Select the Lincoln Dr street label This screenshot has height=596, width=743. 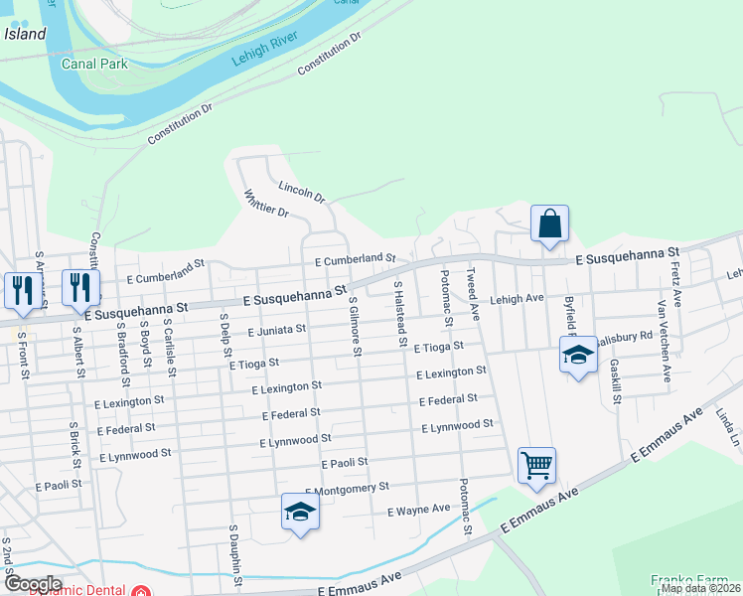click(x=302, y=191)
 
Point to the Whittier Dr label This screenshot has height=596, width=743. click(x=265, y=206)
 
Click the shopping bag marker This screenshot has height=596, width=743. click(x=549, y=224)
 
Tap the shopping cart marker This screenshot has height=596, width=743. click(x=536, y=465)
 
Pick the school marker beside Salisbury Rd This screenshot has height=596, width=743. click(x=577, y=356)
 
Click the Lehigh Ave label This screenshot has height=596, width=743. click(x=517, y=298)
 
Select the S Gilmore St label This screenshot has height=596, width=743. click(x=354, y=327)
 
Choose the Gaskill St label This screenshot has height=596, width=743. click(x=616, y=381)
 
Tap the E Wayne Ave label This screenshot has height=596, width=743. click(x=418, y=511)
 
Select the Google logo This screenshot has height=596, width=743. click(x=32, y=584)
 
